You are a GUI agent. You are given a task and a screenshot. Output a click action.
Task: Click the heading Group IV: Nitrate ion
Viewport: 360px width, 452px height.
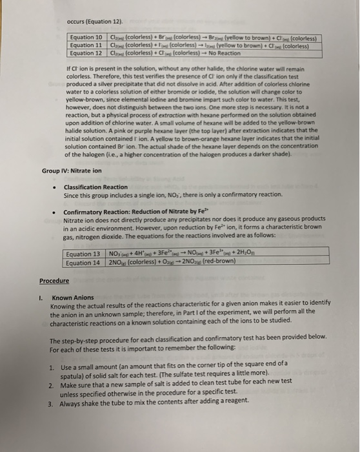[72, 171]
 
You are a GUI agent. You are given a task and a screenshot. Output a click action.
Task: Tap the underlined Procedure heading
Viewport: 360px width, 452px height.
[54, 281]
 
